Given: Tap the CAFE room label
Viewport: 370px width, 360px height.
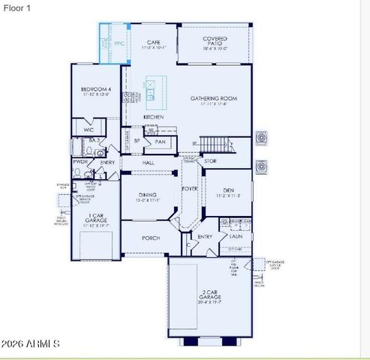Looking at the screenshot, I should [x=154, y=42].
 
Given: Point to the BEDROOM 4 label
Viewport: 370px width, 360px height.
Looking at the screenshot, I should [x=95, y=91].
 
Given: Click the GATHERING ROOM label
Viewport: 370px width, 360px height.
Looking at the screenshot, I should [x=214, y=98].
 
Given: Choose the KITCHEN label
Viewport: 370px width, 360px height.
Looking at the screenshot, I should [x=154, y=118].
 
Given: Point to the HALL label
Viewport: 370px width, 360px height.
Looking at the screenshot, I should [x=148, y=161].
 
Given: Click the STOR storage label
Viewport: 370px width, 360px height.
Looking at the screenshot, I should [x=211, y=160].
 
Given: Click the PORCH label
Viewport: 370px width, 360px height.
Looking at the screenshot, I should [x=151, y=238].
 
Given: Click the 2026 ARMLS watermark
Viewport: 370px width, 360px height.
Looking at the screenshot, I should [x=31, y=343].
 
